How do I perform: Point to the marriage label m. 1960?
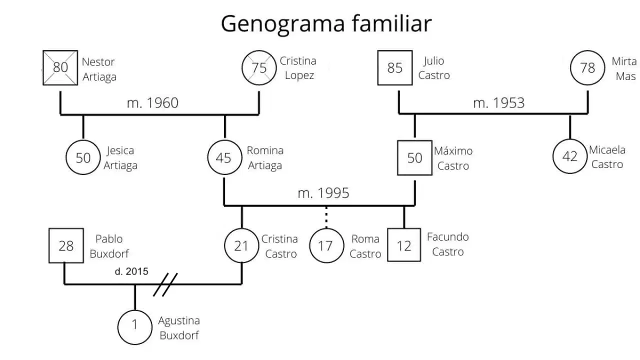point(152,103)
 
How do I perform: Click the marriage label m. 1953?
point(499,103)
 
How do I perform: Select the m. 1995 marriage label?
point(323,193)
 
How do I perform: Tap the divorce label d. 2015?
point(131,271)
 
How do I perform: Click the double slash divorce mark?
point(165,284)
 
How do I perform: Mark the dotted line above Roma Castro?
point(326,217)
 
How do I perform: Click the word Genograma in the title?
point(283,24)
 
